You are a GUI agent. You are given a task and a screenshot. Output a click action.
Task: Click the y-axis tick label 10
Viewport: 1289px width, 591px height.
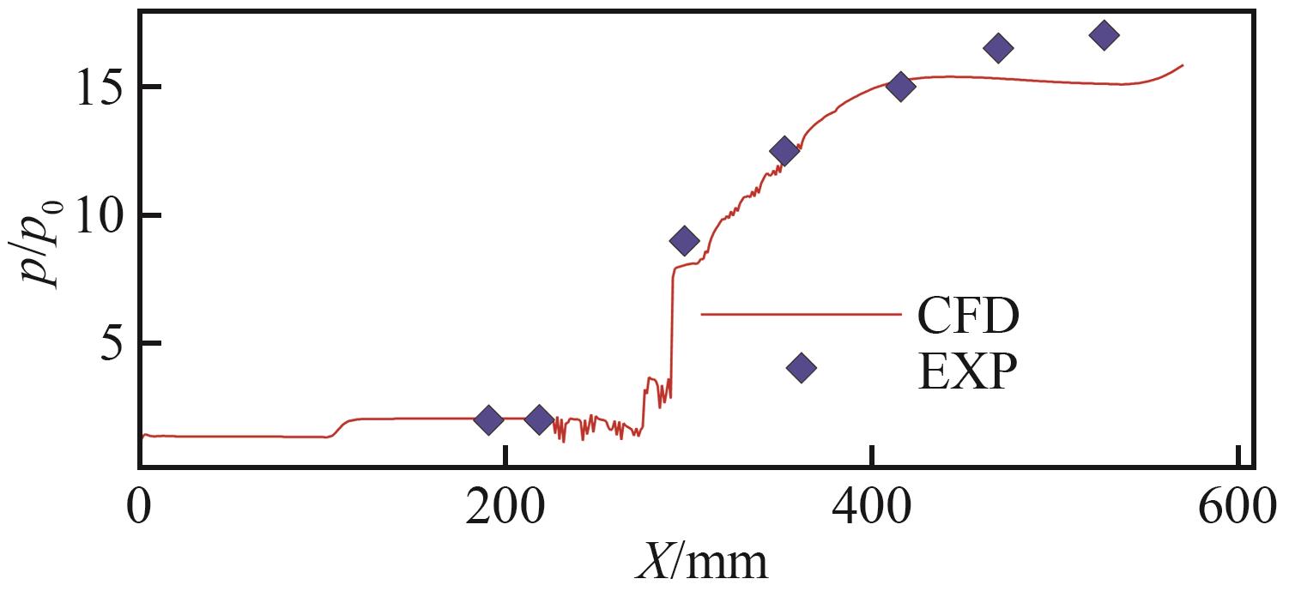tap(93, 215)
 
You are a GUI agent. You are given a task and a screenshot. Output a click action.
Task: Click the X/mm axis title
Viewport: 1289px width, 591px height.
tap(701, 562)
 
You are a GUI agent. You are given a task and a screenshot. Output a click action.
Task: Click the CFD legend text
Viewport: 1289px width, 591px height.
tap(968, 317)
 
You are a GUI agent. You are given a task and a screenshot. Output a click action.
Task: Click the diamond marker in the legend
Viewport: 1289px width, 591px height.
tap(801, 368)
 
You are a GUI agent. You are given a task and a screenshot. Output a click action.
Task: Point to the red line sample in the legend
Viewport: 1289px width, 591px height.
tap(801, 314)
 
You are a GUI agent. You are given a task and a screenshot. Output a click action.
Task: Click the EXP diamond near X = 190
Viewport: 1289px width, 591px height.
tap(488, 420)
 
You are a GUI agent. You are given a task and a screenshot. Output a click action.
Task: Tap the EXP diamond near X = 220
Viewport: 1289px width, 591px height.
tap(539, 419)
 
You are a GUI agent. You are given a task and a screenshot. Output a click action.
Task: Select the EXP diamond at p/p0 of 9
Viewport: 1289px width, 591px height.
tap(684, 241)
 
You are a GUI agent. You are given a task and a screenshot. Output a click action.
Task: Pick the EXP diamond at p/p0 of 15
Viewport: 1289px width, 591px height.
tap(900, 86)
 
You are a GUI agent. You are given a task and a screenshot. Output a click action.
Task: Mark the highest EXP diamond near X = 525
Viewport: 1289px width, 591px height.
tap(1104, 35)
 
